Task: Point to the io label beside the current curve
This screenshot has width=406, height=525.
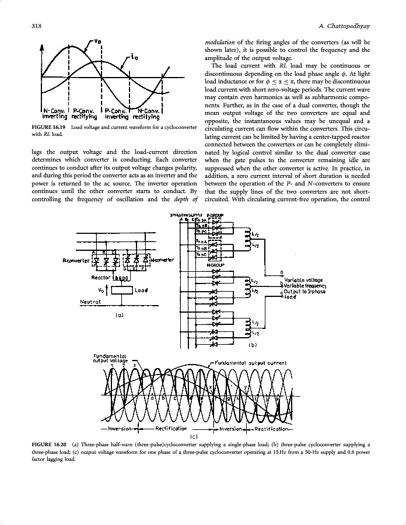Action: click(x=135, y=58)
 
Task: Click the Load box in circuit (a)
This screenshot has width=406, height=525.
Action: click(x=128, y=290)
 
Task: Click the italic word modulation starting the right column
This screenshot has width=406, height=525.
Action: click(x=219, y=43)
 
